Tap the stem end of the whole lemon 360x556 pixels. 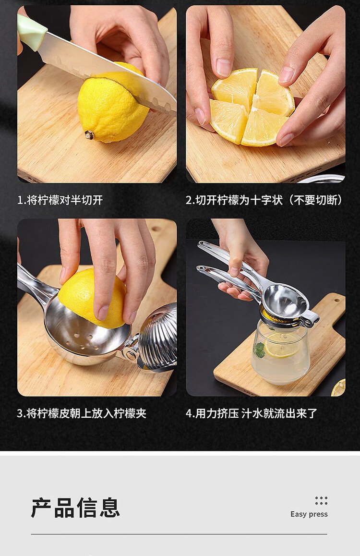click(89, 135)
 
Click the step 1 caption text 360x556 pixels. click(60, 200)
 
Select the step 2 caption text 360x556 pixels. click(264, 200)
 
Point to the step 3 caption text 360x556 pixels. click(82, 413)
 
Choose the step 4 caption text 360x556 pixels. click(251, 413)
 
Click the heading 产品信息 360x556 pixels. click(75, 508)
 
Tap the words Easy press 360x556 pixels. click(309, 514)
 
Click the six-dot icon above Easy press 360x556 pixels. click(322, 501)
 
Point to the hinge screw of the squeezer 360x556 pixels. click(131, 354)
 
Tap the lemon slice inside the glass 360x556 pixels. click(282, 349)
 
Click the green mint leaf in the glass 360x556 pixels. click(259, 349)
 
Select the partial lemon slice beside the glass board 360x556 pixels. click(339, 387)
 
